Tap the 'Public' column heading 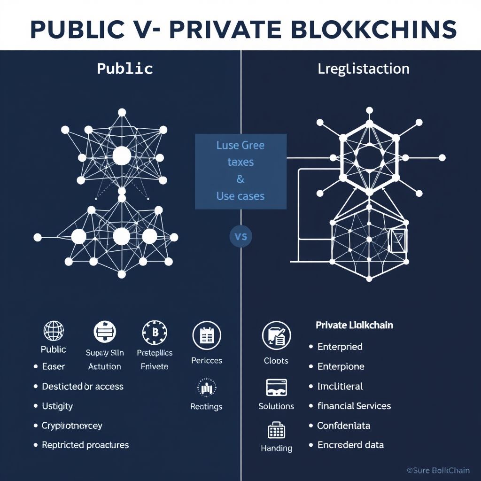coord(125,69)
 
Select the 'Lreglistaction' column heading coord(364,69)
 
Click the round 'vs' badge coord(240,236)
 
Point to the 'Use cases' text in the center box coord(240,195)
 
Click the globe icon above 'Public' coord(53,331)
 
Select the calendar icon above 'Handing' coord(276,429)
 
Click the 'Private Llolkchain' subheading coord(355,325)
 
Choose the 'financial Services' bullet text coord(354,406)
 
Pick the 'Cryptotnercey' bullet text coord(72,426)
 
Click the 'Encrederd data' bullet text coord(350,445)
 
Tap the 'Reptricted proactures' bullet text coord(85,445)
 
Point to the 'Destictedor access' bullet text coord(83,387)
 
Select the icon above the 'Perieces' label coord(207,335)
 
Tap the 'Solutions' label coord(276,406)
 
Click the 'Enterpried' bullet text coord(340,347)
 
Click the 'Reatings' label coord(206,406)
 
